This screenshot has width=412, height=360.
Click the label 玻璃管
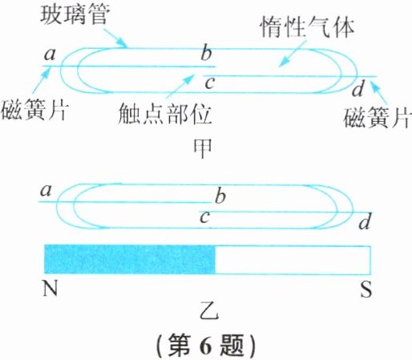(75, 14)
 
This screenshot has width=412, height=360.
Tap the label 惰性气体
(308, 27)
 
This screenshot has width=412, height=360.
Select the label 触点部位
(164, 114)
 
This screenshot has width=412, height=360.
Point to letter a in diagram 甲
(50, 55)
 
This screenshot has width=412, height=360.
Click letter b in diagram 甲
(206, 52)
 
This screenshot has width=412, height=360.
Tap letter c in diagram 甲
(209, 83)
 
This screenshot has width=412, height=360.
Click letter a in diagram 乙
(46, 191)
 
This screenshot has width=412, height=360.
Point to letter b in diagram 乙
(220, 195)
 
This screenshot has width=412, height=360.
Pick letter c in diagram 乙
(204, 217)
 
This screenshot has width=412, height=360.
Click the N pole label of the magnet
(50, 289)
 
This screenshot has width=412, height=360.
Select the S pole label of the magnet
(366, 289)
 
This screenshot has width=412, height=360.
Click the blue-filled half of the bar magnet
(130, 260)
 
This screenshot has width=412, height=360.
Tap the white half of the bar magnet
(293, 260)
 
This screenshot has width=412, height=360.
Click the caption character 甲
(202, 148)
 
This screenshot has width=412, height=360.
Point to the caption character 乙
(210, 312)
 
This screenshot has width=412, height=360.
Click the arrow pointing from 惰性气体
(292, 54)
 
